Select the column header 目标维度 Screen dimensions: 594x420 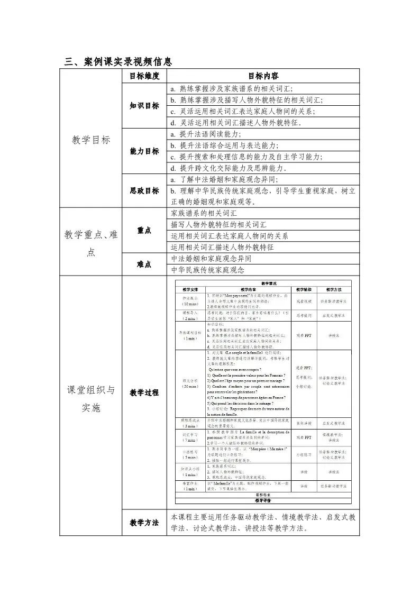[x=144, y=76]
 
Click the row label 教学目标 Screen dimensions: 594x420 [x=90, y=140]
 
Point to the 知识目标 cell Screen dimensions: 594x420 [x=144, y=105]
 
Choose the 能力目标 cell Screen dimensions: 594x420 [x=144, y=151]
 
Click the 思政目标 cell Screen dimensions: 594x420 [x=144, y=190]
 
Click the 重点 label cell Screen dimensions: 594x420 [x=144, y=230]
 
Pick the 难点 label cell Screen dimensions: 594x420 [x=144, y=264]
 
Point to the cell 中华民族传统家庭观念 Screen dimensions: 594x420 [x=208, y=270]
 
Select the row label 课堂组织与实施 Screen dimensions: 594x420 [x=90, y=399]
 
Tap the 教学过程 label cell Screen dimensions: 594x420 [x=144, y=393]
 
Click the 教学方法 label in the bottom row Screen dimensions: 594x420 [x=144, y=523]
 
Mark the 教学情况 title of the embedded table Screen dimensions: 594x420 [x=262, y=284]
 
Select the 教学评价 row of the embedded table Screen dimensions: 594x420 [x=262, y=500]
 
